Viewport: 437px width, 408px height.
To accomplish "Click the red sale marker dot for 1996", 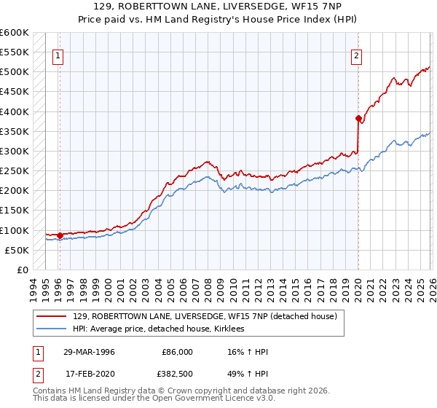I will pos(59,235).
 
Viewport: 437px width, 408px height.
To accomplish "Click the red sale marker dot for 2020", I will pos(358,118).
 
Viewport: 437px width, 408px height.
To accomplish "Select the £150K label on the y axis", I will pos(15,211).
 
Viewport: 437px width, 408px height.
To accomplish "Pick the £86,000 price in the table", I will pos(177,352).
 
